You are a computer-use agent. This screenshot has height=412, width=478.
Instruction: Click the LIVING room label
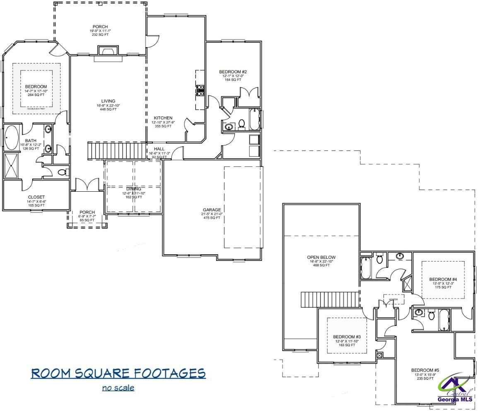click(x=108, y=101)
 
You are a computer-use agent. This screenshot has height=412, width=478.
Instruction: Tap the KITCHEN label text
click(x=163, y=118)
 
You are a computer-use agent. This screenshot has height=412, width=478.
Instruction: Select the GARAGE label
click(x=212, y=210)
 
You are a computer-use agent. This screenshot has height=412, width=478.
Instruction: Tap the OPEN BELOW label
click(x=321, y=257)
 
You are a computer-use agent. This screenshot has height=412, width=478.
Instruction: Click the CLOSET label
click(x=36, y=198)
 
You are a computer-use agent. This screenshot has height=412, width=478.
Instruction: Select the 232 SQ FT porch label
click(x=100, y=31)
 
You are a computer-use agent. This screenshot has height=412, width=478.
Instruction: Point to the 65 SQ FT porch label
click(x=87, y=216)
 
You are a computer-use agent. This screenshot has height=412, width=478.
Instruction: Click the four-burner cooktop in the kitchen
click(x=200, y=90)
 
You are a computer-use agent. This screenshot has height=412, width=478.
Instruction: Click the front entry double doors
click(x=87, y=185)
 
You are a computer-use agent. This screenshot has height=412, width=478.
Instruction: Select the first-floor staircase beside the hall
click(x=117, y=150)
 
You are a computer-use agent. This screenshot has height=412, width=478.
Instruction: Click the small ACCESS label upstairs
click(x=393, y=299)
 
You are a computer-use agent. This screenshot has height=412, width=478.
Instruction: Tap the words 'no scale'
click(x=118, y=388)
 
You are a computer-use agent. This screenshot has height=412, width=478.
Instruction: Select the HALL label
click(x=159, y=149)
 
